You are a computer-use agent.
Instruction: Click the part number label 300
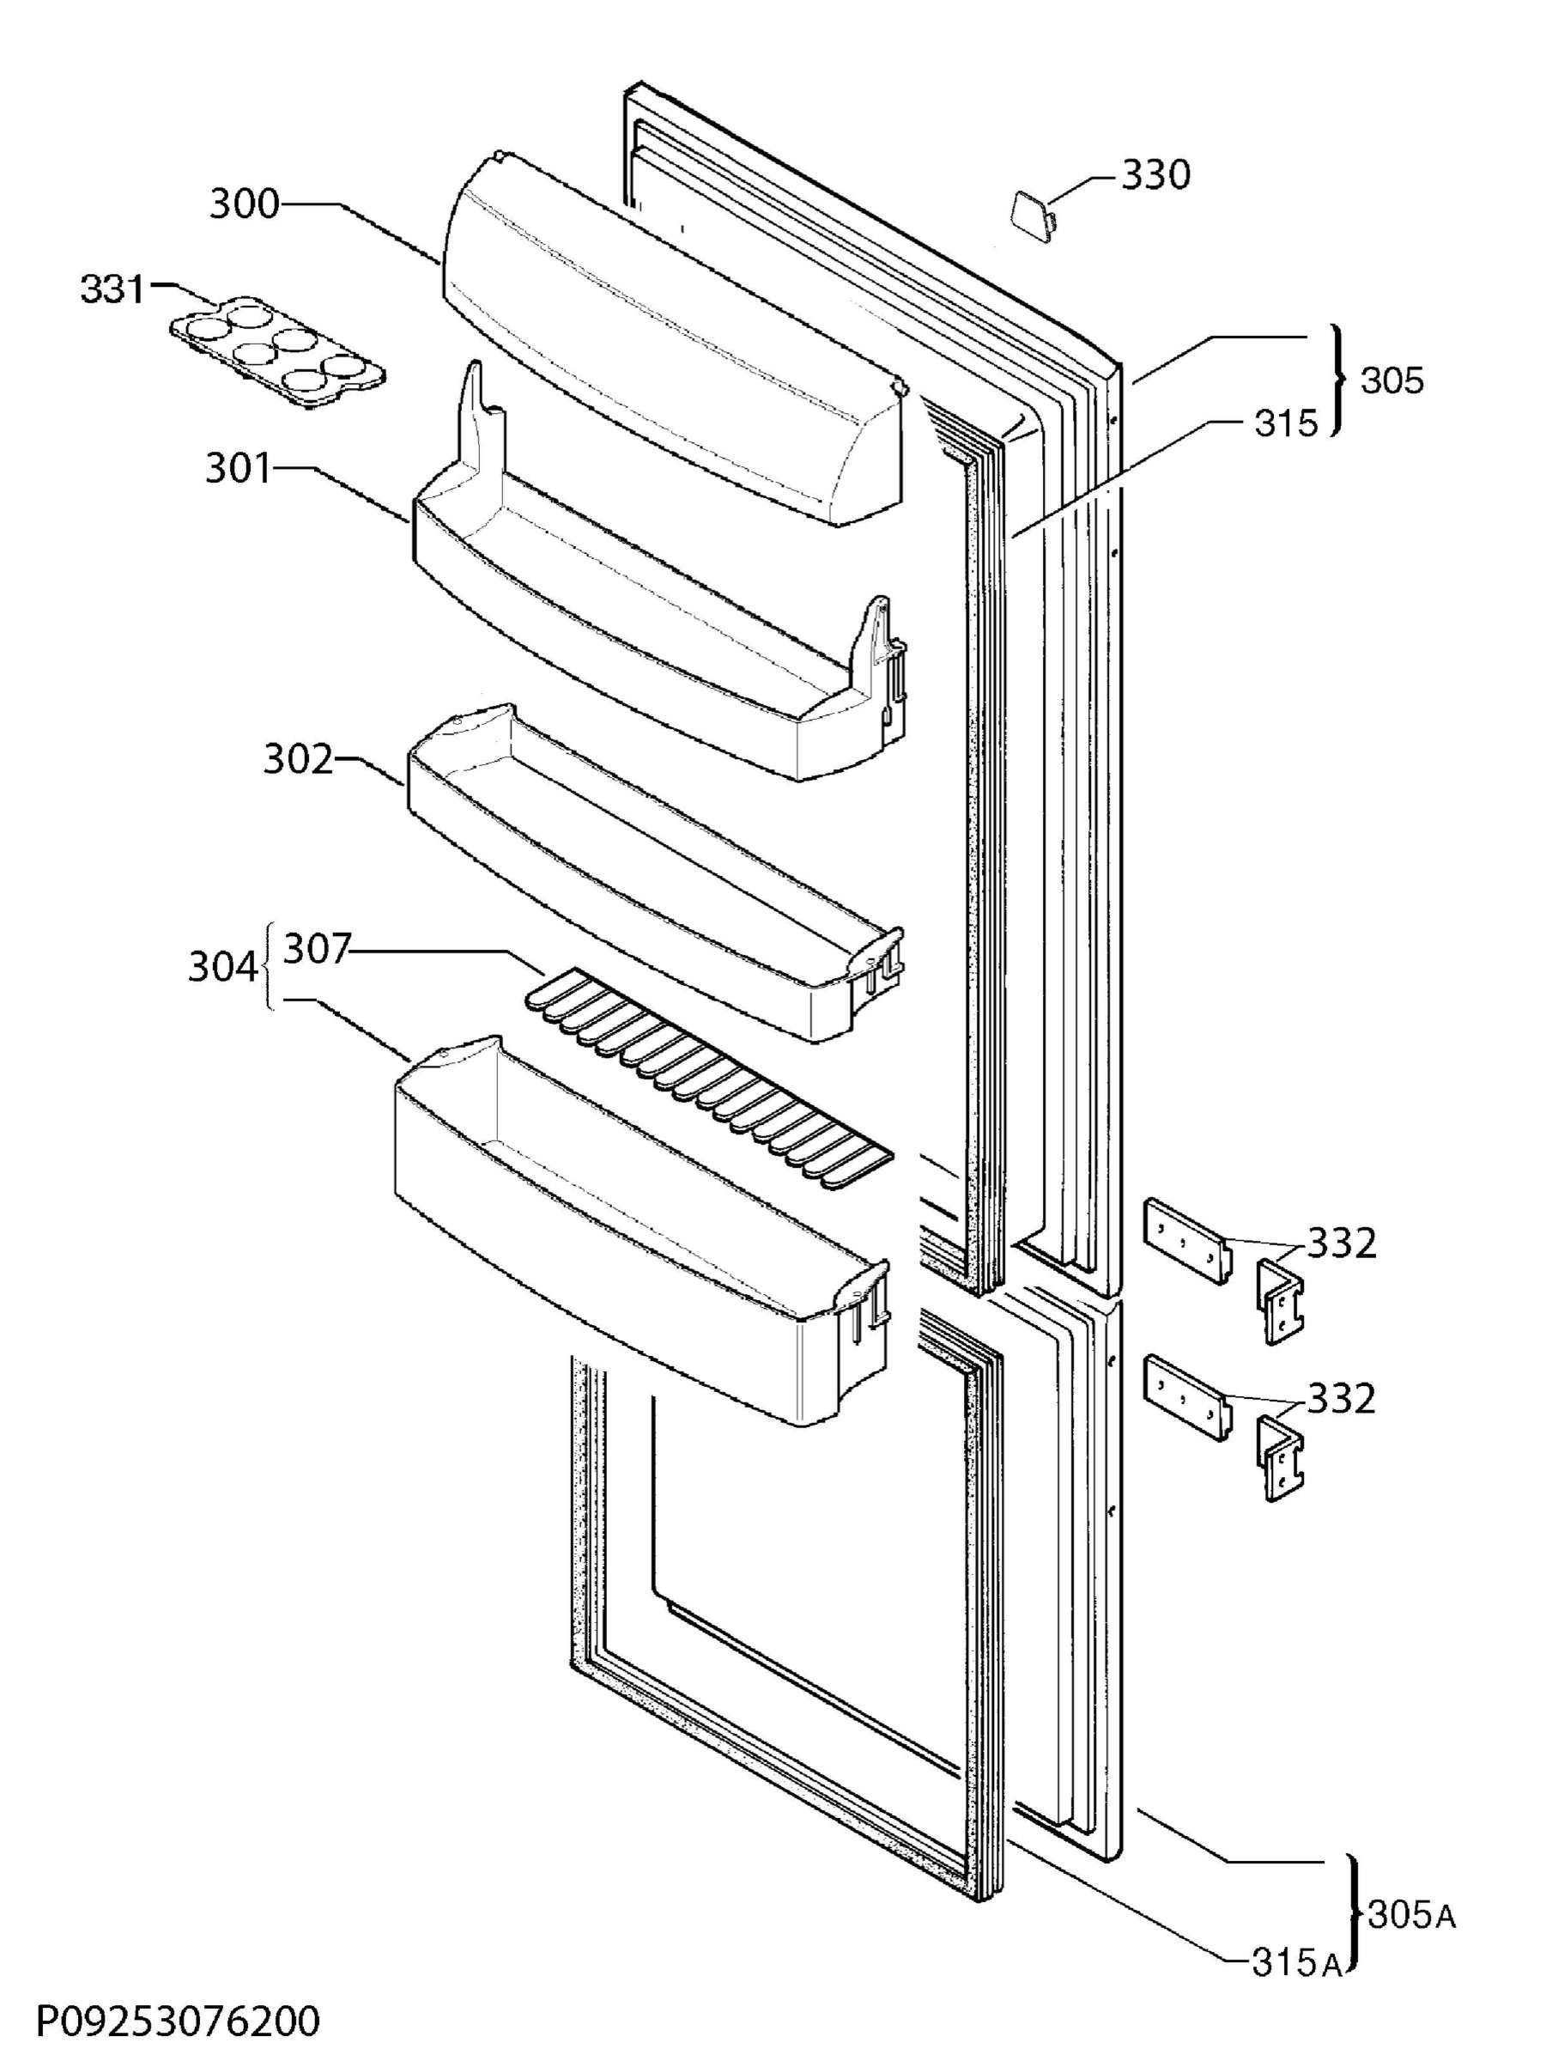[x=244, y=204]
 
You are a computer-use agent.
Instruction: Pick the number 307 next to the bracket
[x=317, y=950]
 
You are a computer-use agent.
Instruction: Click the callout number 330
[x=1155, y=174]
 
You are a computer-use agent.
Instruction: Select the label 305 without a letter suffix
[x=1392, y=380]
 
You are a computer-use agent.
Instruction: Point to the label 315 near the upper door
[x=1287, y=423]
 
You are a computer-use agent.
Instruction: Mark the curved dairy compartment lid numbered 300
[x=671, y=339]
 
